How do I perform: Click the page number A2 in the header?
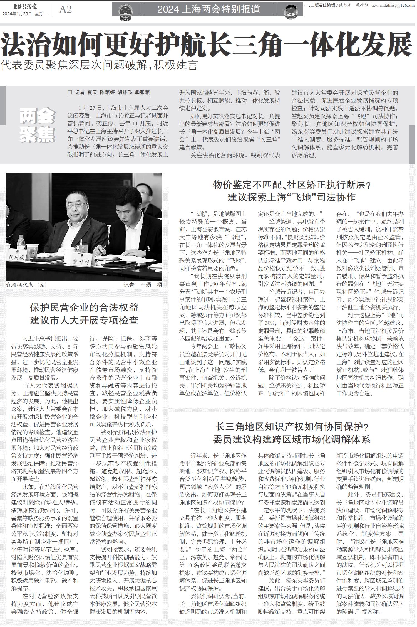(65, 9)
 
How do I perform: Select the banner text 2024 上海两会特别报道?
(209, 9)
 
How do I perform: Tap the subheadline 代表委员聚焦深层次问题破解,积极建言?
(99, 65)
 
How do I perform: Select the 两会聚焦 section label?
(38, 126)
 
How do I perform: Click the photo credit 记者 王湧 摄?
(143, 285)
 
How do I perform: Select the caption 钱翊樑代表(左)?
(27, 285)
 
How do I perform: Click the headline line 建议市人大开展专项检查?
(84, 320)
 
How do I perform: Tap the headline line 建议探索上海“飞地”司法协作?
(292, 197)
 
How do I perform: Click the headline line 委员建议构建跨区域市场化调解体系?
(292, 439)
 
